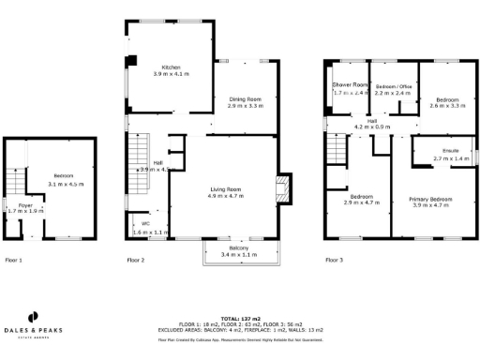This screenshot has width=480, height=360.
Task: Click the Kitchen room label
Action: [171, 67]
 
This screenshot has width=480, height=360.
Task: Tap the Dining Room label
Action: [245, 98]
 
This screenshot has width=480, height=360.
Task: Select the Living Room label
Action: [226, 189]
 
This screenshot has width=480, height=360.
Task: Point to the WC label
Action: [145, 224]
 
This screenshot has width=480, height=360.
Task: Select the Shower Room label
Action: [352, 85]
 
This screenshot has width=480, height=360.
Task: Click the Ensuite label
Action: [451, 151]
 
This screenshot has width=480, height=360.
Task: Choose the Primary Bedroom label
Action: [436, 199]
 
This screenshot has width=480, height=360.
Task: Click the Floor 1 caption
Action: [14, 260]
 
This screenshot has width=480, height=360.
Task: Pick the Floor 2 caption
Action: [136, 260]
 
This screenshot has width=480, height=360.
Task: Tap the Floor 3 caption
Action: [334, 260]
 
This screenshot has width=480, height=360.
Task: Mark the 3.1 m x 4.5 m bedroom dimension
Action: [67, 184]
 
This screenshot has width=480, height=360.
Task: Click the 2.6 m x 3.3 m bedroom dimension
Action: [447, 106]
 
